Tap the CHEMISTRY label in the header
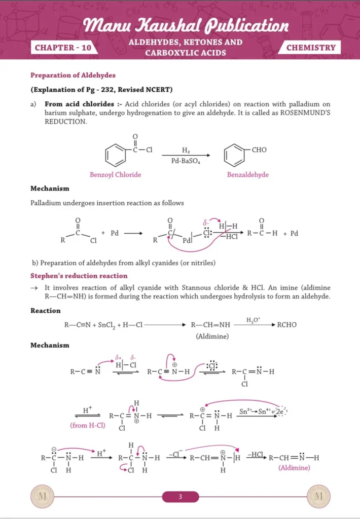coord(311,48)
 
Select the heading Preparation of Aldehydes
coord(73,76)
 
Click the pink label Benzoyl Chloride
coord(116,175)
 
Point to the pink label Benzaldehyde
coord(248,175)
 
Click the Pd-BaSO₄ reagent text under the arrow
coord(186,161)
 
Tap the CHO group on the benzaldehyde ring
coord(259,150)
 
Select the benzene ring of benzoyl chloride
coord(116,155)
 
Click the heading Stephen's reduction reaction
coord(79,276)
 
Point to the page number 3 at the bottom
coord(180,497)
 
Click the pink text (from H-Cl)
coord(87,425)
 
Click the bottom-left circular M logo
coord(42,497)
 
